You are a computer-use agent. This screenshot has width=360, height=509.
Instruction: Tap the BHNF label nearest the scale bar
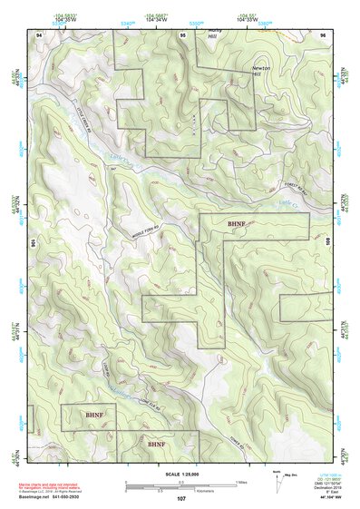[157, 445]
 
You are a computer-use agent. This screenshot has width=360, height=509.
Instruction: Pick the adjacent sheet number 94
[39, 34]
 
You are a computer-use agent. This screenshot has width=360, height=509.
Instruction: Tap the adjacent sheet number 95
[182, 34]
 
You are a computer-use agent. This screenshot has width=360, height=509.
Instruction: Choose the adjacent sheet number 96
[323, 34]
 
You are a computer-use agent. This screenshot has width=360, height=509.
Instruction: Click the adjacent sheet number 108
[330, 244]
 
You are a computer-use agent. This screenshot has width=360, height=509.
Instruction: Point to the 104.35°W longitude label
[62, 18]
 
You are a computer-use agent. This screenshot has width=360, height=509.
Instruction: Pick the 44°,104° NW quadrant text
[320, 498]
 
